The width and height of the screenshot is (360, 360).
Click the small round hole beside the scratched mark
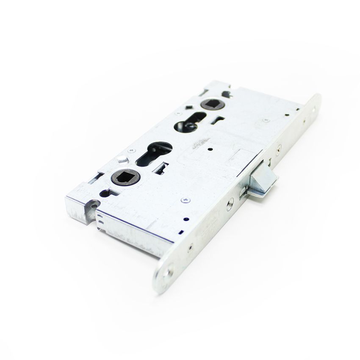210,150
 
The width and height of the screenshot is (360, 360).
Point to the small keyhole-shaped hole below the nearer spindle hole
104,194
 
